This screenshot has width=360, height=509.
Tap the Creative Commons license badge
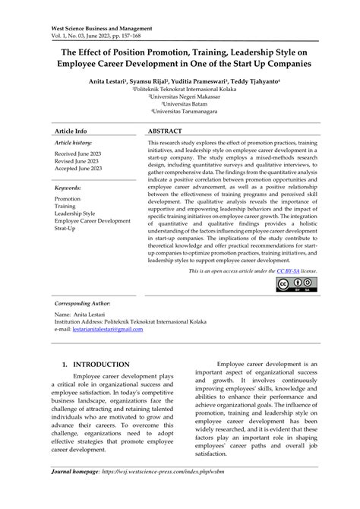coord(296,263)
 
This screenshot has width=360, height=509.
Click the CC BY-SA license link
coord(289,249)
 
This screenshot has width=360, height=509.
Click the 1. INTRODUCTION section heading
coord(96,365)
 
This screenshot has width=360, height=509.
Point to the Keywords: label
coord(69,186)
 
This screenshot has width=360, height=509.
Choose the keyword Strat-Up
coord(65,228)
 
